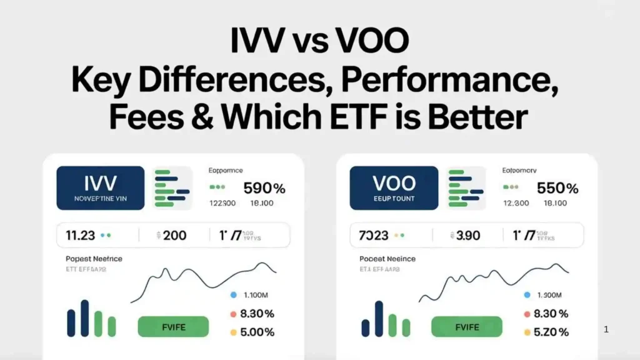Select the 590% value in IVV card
click(x=264, y=187)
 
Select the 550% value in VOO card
click(x=557, y=187)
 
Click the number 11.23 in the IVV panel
click(x=80, y=236)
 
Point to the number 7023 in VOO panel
click(x=374, y=236)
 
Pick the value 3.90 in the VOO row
click(x=467, y=236)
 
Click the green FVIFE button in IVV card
click(x=173, y=326)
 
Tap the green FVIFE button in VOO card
click(x=467, y=326)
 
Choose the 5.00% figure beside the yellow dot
click(x=257, y=332)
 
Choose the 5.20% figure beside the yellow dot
click(x=551, y=332)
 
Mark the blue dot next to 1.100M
click(x=233, y=294)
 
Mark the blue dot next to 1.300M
click(x=527, y=294)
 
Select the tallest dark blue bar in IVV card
click(x=84, y=318)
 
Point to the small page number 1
click(x=606, y=329)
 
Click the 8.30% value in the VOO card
click(x=551, y=314)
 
